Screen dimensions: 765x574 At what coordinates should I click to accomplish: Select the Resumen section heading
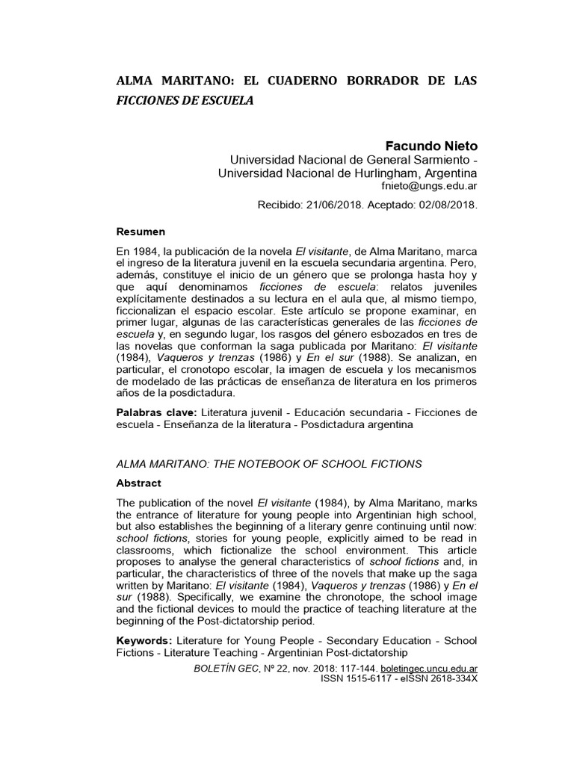pyautogui.click(x=141, y=231)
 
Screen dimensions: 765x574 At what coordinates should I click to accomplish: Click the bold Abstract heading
pyautogui.click(x=139, y=483)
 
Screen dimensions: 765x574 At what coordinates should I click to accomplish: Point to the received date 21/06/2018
pyautogui.click(x=331, y=204)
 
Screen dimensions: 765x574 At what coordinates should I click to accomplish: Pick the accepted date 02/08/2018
pyautogui.click(x=450, y=204)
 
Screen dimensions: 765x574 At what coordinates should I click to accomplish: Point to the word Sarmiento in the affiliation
pyautogui.click(x=437, y=159)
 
